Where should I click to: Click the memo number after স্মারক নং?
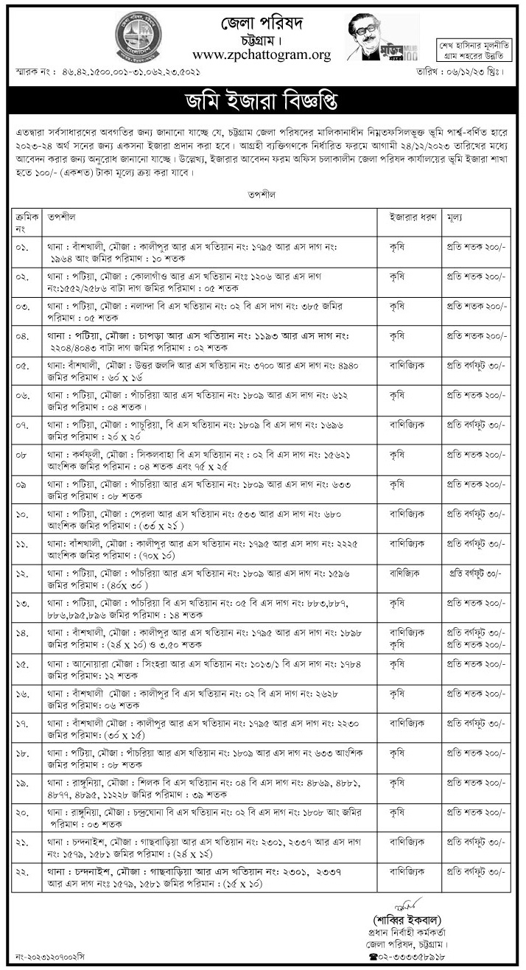125,72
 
